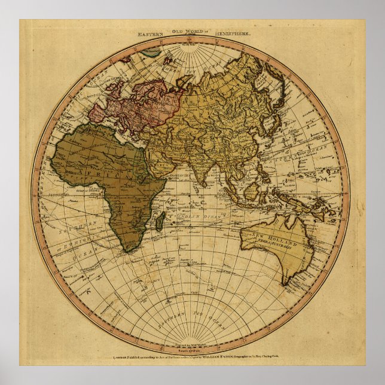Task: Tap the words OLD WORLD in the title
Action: (x=191, y=31)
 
